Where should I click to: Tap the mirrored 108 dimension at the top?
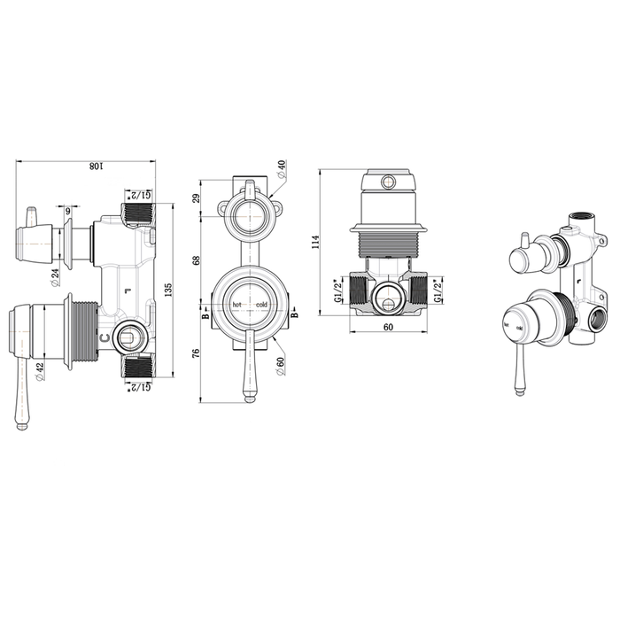coord(87,166)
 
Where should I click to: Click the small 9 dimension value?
coord(67,211)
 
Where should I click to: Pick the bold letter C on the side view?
coord(105,337)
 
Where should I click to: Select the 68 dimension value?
coord(198,259)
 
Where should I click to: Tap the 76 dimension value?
coord(198,352)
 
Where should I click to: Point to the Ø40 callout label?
coord(281,167)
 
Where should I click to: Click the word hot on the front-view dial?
coord(236,306)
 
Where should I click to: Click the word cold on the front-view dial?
coord(261,306)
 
